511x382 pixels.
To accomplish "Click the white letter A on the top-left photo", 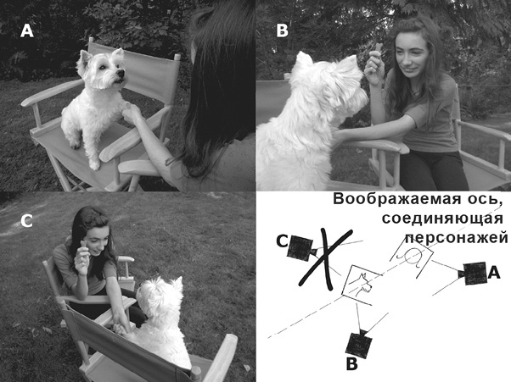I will pos(28,31).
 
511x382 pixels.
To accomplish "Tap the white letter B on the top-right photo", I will pos(283,30).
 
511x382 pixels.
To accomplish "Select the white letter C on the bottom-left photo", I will pos(26,221).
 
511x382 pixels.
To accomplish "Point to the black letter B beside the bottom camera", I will pos(351,368).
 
